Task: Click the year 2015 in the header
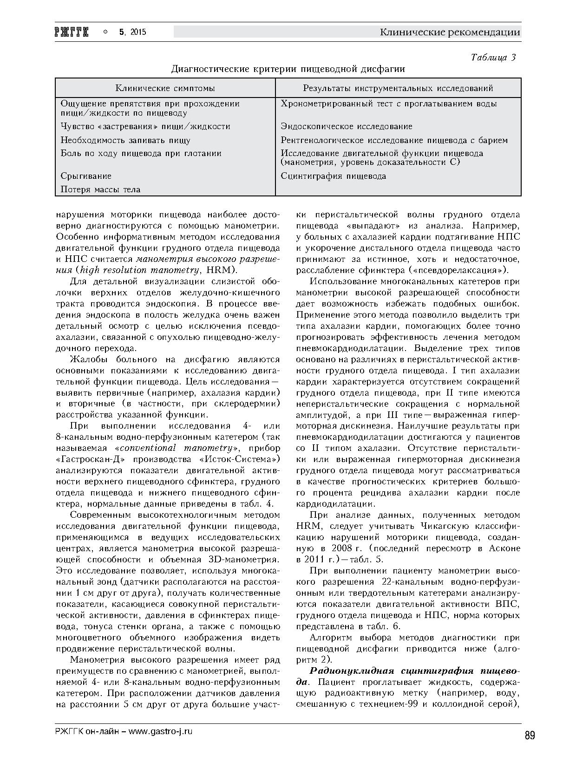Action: tap(138, 32)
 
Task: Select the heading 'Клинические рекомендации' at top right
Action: tap(450, 32)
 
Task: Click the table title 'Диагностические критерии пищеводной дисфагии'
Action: tap(288, 69)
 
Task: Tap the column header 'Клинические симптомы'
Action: tap(165, 88)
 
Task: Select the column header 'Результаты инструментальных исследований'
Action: tap(398, 88)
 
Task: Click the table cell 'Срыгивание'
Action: tap(86, 176)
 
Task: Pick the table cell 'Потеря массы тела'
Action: tap(100, 189)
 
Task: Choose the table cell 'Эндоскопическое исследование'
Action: tap(347, 126)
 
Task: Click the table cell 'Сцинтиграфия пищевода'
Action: tap(333, 176)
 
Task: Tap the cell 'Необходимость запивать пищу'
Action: tap(125, 140)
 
